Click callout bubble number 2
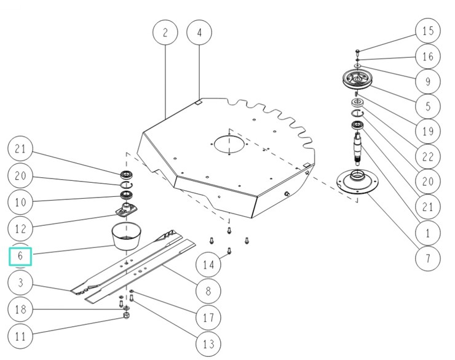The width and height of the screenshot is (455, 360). coord(165,33)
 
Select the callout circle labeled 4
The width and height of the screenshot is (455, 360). coord(199,33)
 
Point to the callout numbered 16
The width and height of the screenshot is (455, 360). coord(428,57)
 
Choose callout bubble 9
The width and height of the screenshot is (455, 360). coord(428,81)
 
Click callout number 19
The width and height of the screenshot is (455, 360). coord(428,131)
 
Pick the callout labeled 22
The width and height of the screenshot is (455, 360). coord(428,157)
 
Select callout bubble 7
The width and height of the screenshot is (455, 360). coord(428,258)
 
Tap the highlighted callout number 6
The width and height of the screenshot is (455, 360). coord(20,255)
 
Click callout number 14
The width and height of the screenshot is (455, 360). coord(208,265)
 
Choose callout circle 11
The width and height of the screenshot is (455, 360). coord(20,337)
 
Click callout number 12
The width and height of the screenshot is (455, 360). coord(20,229)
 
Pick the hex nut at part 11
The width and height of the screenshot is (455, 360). coord(126,315)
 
